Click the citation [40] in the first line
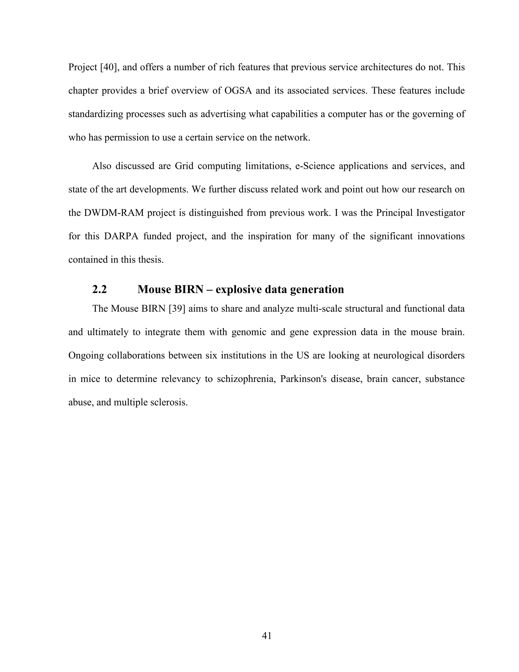pos(110,67)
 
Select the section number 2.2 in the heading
pos(99,289)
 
